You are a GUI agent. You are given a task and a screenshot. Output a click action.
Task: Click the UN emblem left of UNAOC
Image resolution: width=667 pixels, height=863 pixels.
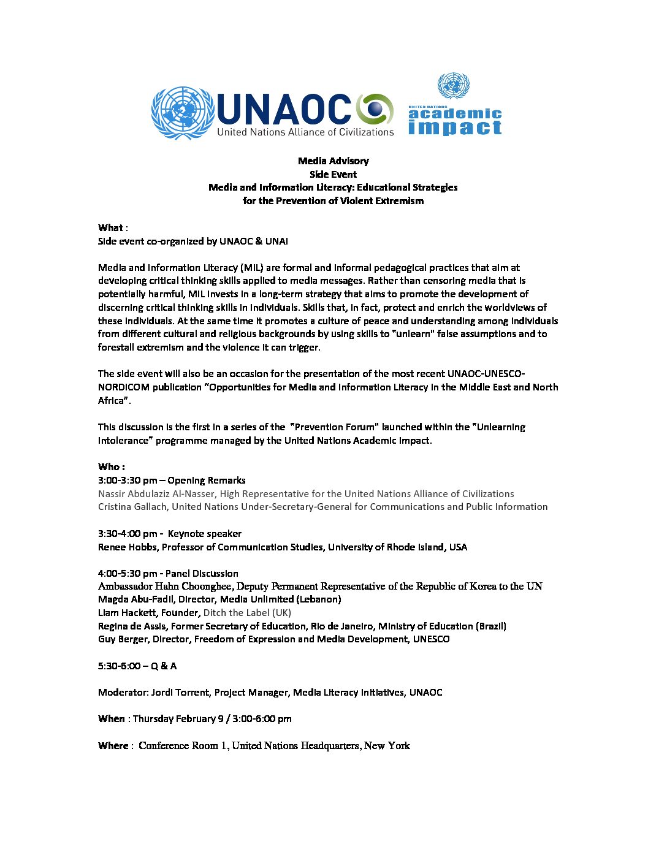point(183,113)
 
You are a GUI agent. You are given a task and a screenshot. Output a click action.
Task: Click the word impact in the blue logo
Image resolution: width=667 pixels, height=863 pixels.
point(454,127)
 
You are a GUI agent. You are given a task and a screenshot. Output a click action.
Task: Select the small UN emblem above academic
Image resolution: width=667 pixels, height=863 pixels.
point(454,86)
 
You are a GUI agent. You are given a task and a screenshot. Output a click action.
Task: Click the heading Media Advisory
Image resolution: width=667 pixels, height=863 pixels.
point(333,161)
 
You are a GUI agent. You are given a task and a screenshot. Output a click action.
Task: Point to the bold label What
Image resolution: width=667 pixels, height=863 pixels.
point(110,228)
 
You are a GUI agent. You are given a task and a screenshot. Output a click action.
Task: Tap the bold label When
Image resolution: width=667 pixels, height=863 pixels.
point(111,719)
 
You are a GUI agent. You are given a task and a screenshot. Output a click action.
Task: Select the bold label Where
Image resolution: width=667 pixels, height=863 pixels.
point(113,746)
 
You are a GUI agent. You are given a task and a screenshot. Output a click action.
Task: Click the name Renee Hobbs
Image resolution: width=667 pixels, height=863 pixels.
point(127,547)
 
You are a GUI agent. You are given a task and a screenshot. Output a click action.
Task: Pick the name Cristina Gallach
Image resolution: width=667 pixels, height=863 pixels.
point(132,507)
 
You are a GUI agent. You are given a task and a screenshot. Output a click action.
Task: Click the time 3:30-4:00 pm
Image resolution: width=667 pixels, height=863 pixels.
point(127,534)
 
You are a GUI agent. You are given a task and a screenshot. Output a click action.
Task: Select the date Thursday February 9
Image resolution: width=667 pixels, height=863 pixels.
point(175,719)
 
